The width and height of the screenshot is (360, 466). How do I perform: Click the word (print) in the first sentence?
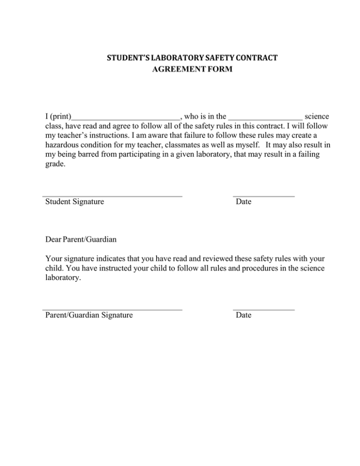click(x=60, y=115)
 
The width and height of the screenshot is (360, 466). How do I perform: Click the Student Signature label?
click(x=75, y=202)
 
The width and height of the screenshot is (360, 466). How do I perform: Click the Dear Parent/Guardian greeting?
click(x=81, y=240)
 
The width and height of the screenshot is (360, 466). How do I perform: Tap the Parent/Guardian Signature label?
click(x=89, y=316)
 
